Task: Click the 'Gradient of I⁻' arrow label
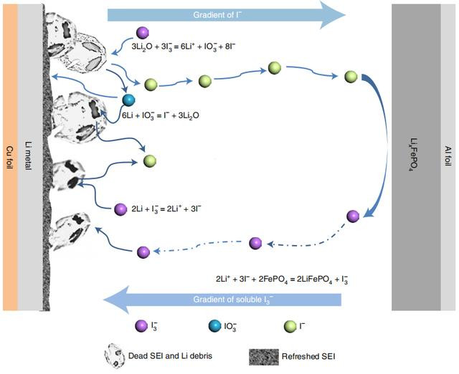coord(217,15)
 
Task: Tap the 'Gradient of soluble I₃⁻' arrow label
coord(233,299)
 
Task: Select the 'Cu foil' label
coord(9,158)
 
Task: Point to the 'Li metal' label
coord(29,156)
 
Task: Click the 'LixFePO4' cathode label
coord(414,154)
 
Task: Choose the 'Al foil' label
coord(448,156)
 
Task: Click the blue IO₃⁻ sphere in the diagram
coord(128,100)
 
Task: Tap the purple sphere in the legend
coord(141,326)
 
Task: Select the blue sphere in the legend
coord(215,326)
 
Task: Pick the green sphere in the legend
coord(290,326)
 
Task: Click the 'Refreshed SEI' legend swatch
coord(264,357)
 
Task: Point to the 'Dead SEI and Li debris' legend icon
coord(115,355)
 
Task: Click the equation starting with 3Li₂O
coord(184,46)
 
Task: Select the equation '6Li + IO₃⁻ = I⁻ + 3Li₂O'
coord(161,115)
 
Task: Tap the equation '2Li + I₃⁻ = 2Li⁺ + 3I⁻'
coord(166,208)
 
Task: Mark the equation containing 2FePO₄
coord(282,279)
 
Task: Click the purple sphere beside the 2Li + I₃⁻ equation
coord(120,209)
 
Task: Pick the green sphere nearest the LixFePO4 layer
coord(351,77)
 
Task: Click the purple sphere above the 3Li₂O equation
coord(143,33)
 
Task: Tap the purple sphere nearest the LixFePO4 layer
coord(353,216)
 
